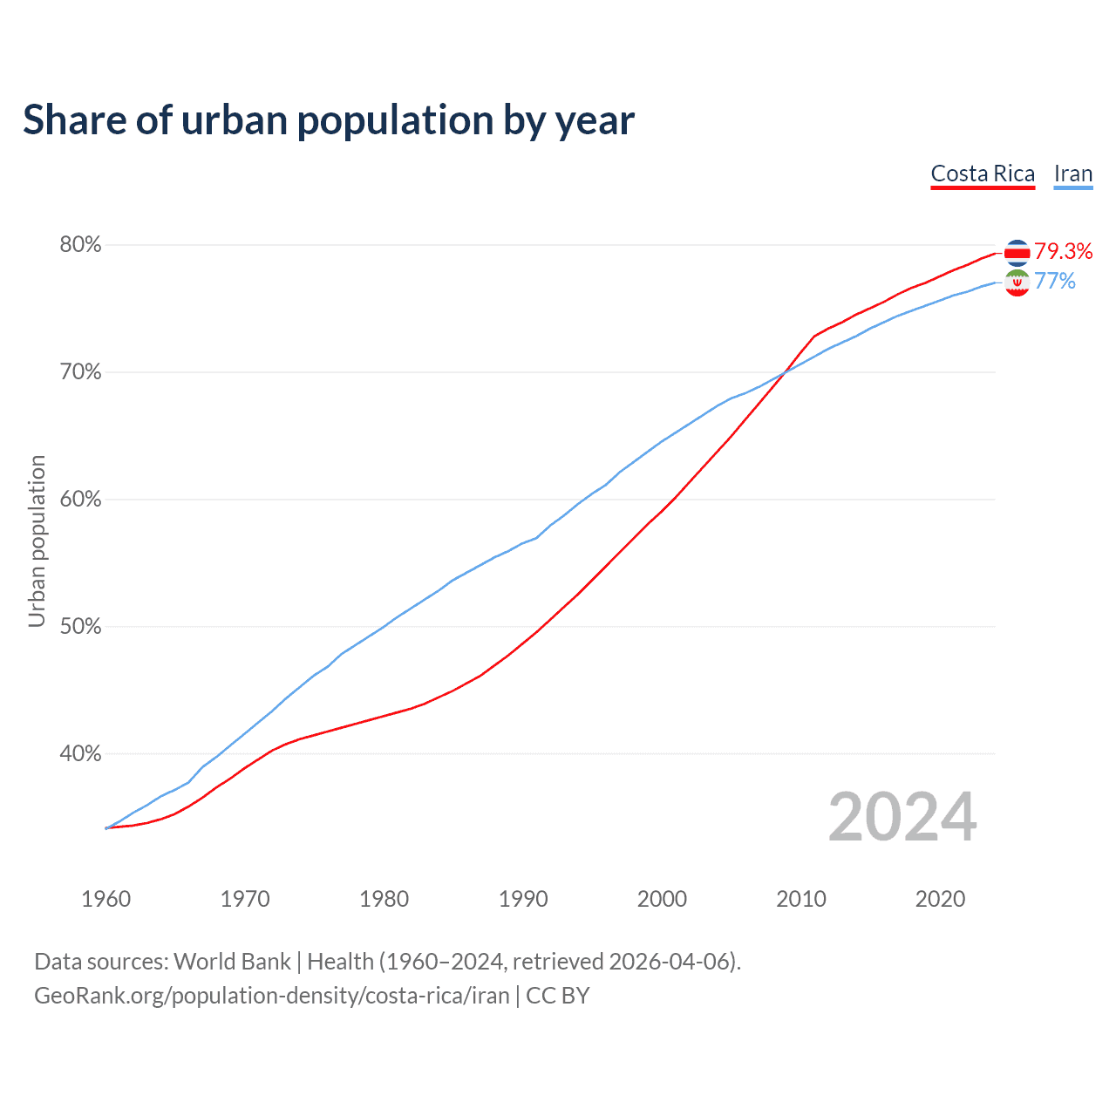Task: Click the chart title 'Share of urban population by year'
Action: click(329, 120)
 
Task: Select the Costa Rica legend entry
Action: click(983, 174)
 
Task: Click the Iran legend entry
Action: click(1073, 174)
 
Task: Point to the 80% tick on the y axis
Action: click(80, 245)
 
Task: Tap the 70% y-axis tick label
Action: click(80, 372)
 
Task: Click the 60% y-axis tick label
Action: click(80, 500)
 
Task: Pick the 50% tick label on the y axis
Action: click(80, 627)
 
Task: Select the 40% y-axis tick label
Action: click(80, 754)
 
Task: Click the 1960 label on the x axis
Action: click(105, 899)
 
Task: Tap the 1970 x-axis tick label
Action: click(245, 899)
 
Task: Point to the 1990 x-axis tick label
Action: click(523, 899)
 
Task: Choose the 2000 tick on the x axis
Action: click(662, 899)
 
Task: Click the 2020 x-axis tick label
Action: click(940, 899)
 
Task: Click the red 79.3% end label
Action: click(1064, 252)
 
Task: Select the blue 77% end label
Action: click(1055, 281)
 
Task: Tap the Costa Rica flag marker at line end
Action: click(1017, 252)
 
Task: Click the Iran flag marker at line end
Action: click(1017, 282)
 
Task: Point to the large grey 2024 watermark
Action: click(902, 817)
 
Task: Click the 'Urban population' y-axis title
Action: click(37, 541)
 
